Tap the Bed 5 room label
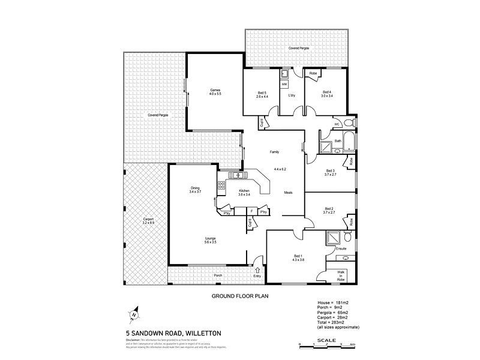point(262,92)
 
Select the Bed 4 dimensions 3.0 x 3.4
point(326,96)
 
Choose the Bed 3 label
point(328,170)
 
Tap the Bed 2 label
point(328,209)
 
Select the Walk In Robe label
point(341,277)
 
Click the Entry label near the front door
point(257,276)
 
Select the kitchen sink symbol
point(238,176)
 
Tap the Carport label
point(148,220)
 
